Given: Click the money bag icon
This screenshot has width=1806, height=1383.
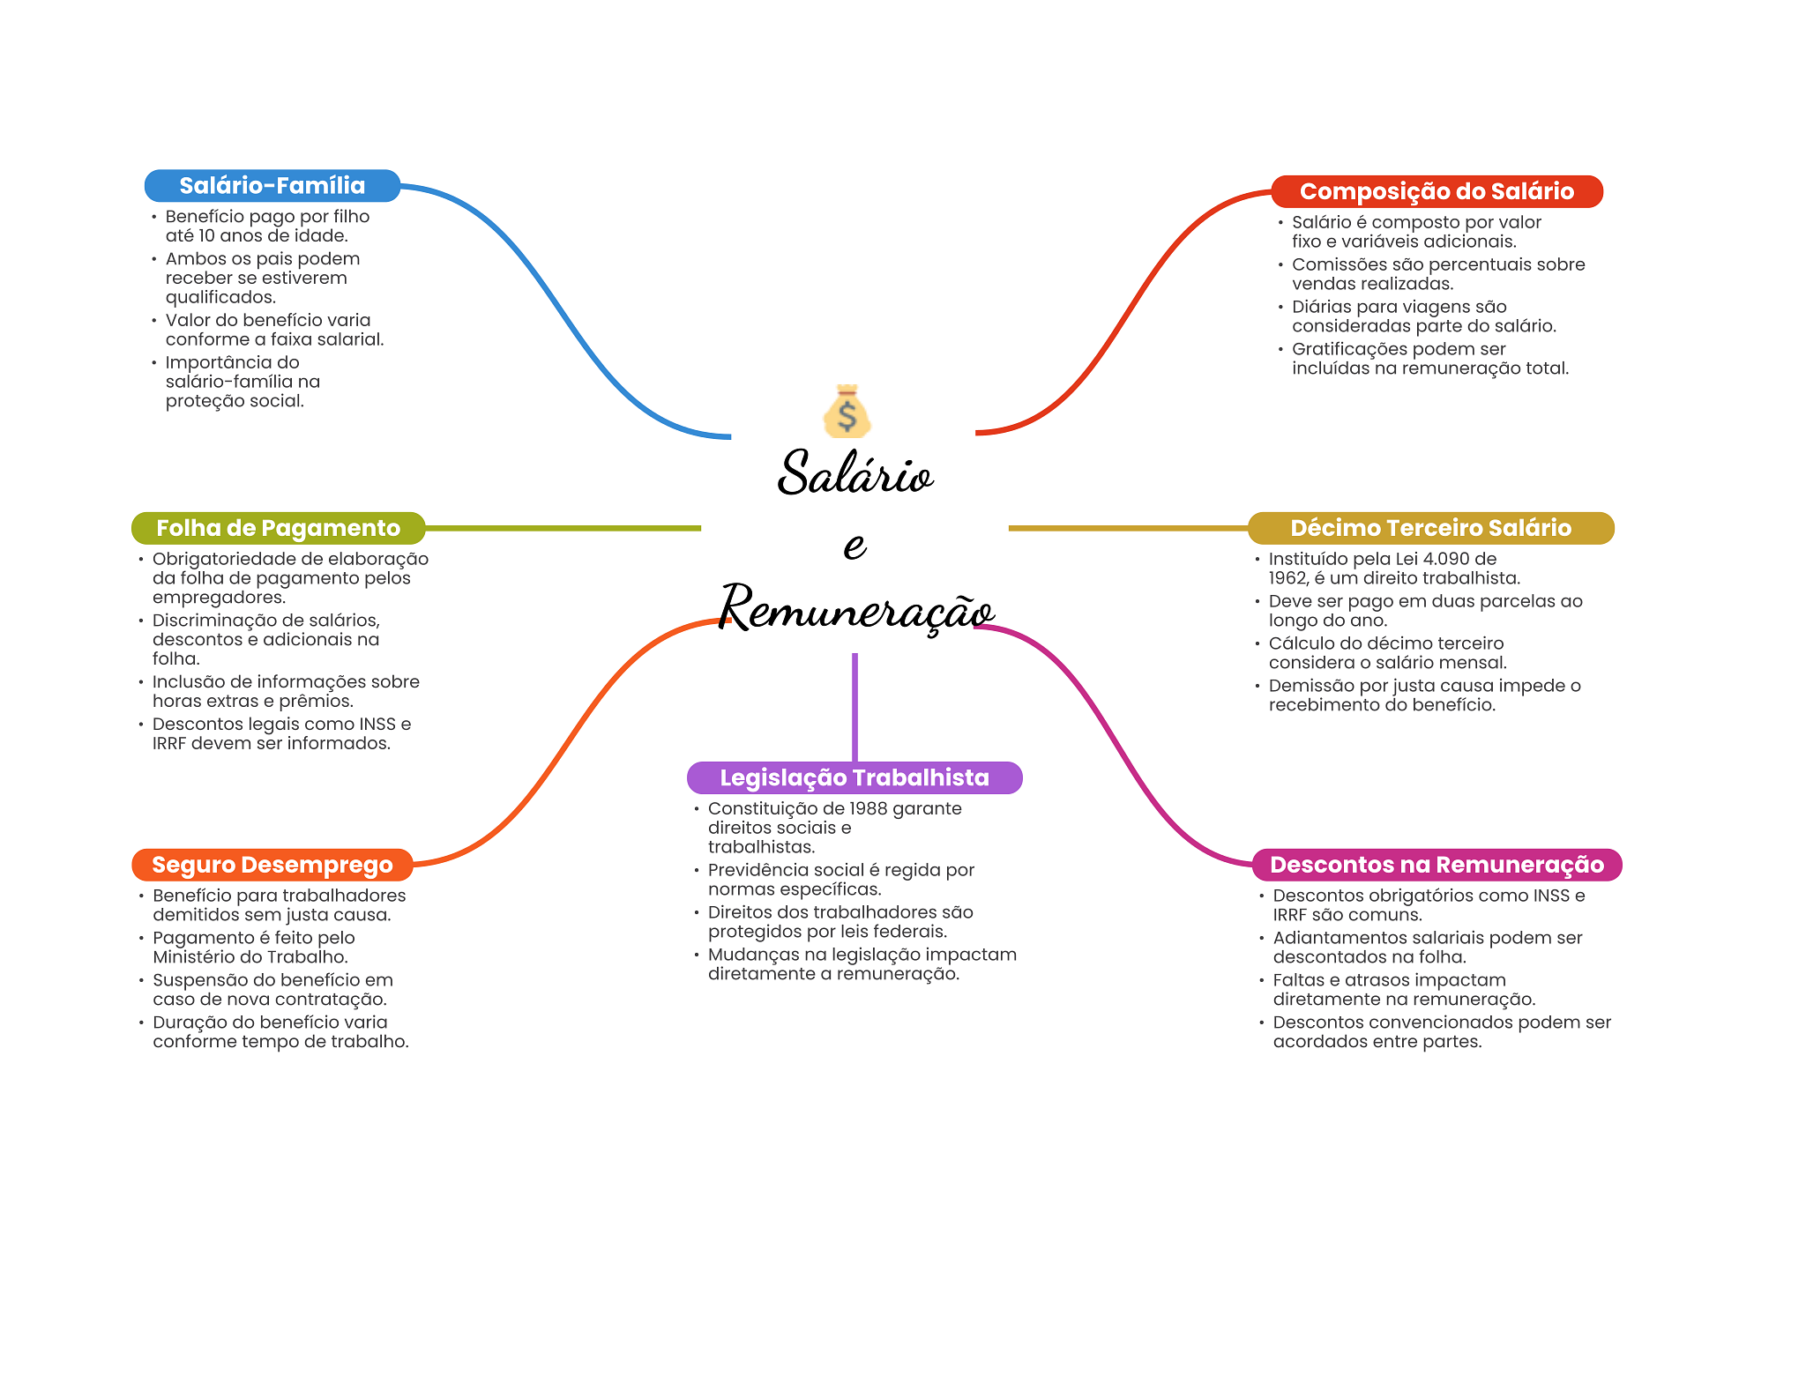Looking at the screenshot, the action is [847, 412].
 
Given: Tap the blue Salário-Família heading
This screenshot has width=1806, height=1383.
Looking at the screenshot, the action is [272, 186].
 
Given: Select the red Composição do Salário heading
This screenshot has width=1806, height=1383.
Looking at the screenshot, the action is [1436, 191].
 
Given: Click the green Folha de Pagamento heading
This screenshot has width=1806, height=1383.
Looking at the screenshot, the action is [278, 528].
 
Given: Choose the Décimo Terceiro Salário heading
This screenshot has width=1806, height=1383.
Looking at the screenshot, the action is [1430, 528].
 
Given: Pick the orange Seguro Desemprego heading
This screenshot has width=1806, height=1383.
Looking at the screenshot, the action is [272, 865].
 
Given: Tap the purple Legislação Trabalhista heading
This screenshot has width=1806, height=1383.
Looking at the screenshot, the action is [854, 777].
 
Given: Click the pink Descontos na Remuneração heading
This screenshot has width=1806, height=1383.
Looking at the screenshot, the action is [1436, 865].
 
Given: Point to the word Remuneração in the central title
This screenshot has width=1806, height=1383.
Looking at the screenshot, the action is [855, 609].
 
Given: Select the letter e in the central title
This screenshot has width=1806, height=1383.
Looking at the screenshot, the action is [854, 546].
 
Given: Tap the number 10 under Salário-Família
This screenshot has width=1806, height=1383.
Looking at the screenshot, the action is [206, 235].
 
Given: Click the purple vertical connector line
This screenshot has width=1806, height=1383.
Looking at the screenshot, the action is [854, 705].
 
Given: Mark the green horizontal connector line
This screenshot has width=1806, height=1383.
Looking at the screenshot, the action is [564, 528].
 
